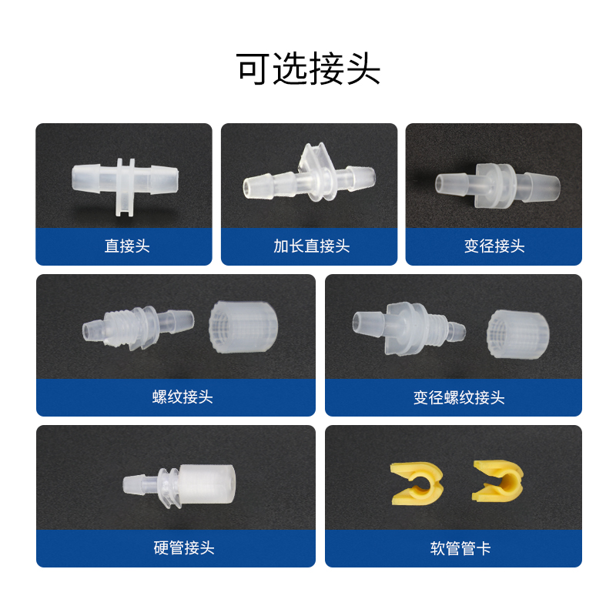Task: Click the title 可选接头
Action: (308, 69)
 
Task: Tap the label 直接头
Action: (127, 246)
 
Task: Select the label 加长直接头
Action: (312, 246)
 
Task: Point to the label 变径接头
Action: (494, 246)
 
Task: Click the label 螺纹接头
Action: (182, 397)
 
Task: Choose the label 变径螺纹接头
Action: (459, 397)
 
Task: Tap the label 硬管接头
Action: (184, 548)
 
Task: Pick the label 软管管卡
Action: (460, 548)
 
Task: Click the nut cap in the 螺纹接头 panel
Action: (243, 326)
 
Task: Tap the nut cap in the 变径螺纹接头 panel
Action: (517, 334)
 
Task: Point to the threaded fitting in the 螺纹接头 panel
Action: (138, 326)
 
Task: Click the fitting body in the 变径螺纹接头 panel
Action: (409, 329)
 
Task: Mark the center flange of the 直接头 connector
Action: (126, 187)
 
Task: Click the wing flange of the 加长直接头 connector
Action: (316, 172)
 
